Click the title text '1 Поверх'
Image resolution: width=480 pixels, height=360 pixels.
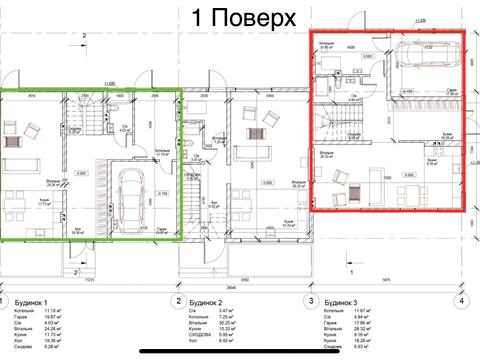243,18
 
